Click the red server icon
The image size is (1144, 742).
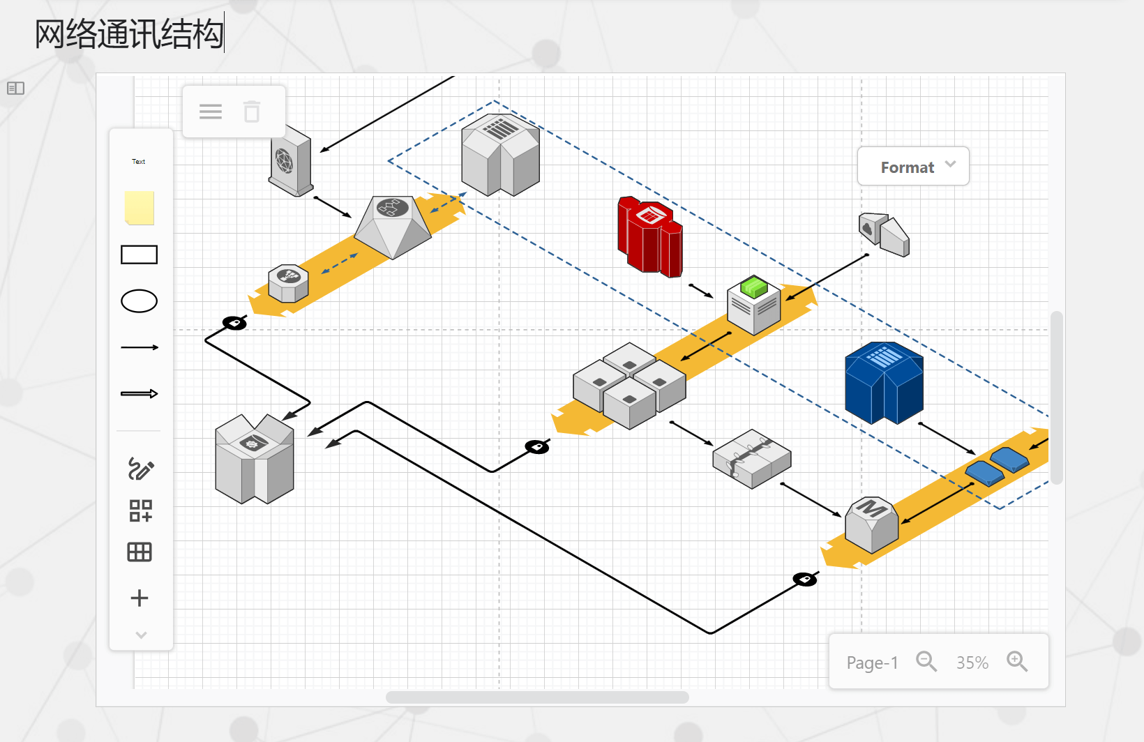(x=649, y=238)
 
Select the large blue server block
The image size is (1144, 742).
(x=884, y=383)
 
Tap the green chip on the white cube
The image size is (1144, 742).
(x=754, y=286)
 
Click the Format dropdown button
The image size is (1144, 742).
(x=913, y=167)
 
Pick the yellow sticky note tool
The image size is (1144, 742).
(x=140, y=208)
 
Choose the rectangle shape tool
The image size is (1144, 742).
(x=140, y=255)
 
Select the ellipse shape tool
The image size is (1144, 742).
(x=140, y=301)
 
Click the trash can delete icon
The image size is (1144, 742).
(x=252, y=112)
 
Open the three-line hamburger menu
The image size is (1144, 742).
(x=211, y=112)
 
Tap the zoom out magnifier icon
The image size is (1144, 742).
(x=926, y=661)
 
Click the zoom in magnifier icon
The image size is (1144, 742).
(x=1017, y=661)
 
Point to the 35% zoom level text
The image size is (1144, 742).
(x=972, y=662)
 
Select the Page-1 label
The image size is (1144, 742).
(x=872, y=662)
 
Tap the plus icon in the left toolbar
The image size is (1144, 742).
(x=140, y=598)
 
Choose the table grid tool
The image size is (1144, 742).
(x=140, y=552)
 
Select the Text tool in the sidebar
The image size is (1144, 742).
(x=139, y=162)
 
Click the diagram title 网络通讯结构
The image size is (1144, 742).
(x=130, y=34)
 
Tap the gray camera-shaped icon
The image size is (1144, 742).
(x=884, y=234)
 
